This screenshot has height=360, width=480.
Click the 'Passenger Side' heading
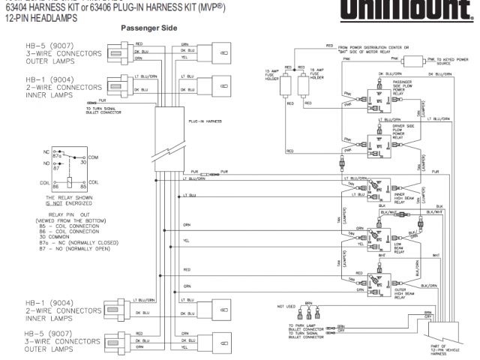pyautogui.click(x=148, y=28)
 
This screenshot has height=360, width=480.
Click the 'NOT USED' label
pyautogui.click(x=286, y=306)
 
